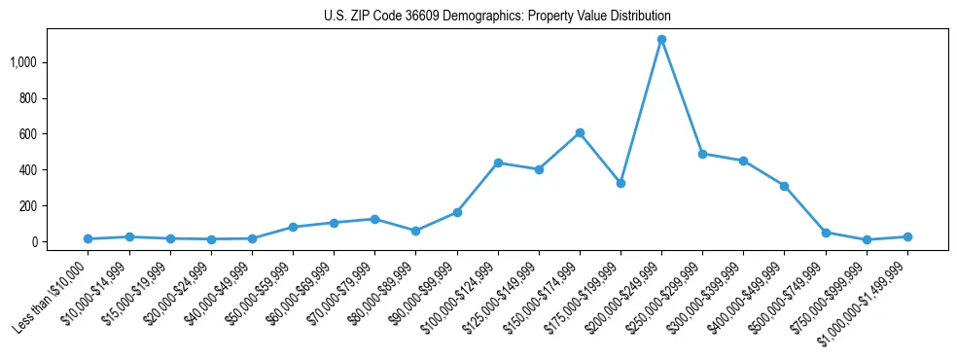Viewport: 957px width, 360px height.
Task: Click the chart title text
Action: pyautogui.click(x=497, y=17)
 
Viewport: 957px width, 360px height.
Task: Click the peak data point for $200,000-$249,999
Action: pyautogui.click(x=661, y=40)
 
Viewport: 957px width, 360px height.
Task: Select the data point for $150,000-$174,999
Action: pyautogui.click(x=580, y=132)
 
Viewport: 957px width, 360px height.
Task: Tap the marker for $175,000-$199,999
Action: pyautogui.click(x=620, y=183)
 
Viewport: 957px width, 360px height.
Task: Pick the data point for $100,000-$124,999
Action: pyautogui.click(x=498, y=162)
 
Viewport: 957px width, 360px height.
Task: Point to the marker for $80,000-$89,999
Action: pyautogui.click(x=415, y=231)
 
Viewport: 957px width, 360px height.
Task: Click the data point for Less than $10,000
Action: pyautogui.click(x=88, y=238)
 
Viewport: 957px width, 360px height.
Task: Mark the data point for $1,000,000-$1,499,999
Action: pyautogui.click(x=907, y=236)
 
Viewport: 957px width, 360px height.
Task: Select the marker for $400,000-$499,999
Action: pyautogui.click(x=784, y=186)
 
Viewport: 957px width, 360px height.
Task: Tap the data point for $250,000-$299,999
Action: pyautogui.click(x=702, y=154)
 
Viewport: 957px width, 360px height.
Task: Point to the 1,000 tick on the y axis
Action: pyautogui.click(x=24, y=62)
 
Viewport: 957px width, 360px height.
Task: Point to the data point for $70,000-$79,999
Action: pyautogui.click(x=374, y=219)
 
